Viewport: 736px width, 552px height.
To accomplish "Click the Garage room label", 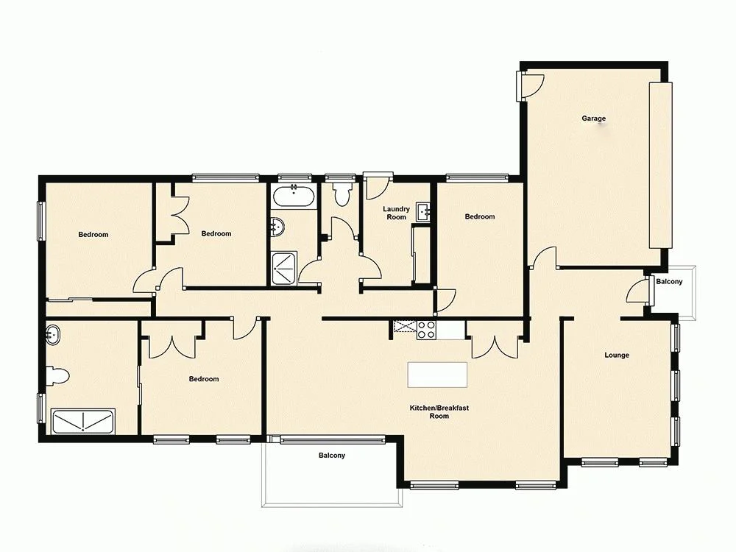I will pyautogui.click(x=593, y=118).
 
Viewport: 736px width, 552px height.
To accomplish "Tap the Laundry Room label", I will pyautogui.click(x=396, y=213).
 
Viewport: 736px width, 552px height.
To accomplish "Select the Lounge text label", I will pyautogui.click(x=617, y=355).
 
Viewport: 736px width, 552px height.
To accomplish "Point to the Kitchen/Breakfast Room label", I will pyautogui.click(x=439, y=412).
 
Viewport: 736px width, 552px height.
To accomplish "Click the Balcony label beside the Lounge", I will pyautogui.click(x=669, y=282).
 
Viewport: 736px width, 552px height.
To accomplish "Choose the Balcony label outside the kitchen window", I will pyautogui.click(x=332, y=456).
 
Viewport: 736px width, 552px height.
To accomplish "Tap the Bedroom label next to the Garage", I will pyautogui.click(x=480, y=217).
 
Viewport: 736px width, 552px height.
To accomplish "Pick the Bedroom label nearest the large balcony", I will pyautogui.click(x=204, y=380).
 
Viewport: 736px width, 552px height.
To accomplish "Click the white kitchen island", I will pyautogui.click(x=439, y=375).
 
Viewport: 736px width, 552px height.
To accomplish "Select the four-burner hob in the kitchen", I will pyautogui.click(x=427, y=330).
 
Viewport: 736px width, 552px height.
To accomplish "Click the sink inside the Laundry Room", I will pyautogui.click(x=423, y=212).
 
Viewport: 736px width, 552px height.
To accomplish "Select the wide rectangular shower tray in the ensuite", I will pyautogui.click(x=83, y=422).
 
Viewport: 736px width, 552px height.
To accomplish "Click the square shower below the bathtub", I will pyautogui.click(x=283, y=268).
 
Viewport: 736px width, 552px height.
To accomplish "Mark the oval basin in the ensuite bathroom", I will pyautogui.click(x=52, y=336).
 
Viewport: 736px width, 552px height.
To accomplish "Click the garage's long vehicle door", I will pyautogui.click(x=660, y=166).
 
